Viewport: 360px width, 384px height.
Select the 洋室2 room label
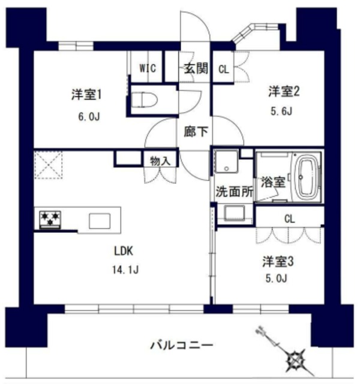pyautogui.click(x=284, y=91)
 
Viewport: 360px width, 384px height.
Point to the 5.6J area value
pyautogui.click(x=284, y=110)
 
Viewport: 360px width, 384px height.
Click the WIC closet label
pyautogui.click(x=148, y=68)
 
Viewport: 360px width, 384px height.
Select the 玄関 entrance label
pyautogui.click(x=196, y=68)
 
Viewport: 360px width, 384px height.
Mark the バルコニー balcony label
pyautogui.click(x=181, y=346)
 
